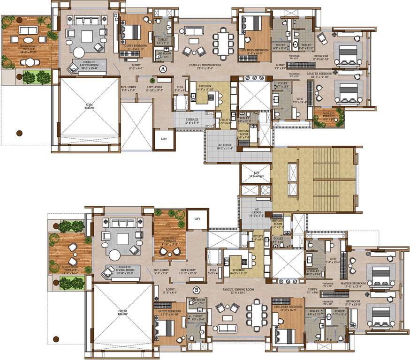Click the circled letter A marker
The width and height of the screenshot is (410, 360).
pos(163,68)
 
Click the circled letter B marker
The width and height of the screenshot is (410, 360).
pos(196,290)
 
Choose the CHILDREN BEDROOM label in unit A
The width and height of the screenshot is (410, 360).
pos(254,50)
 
